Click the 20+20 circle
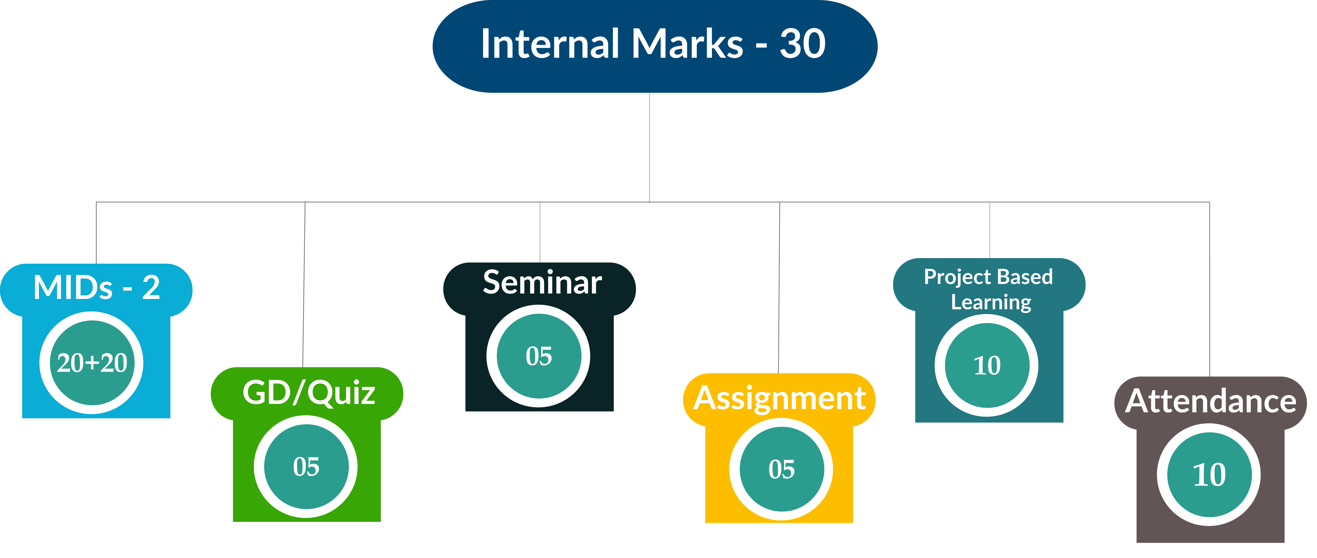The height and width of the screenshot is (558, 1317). [92, 363]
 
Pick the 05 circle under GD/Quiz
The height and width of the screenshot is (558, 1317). [306, 467]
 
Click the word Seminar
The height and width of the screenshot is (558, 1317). [542, 283]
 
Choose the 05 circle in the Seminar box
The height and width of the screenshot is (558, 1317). [538, 356]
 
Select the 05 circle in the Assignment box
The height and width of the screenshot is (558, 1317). [781, 469]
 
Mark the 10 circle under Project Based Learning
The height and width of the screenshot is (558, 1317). [987, 365]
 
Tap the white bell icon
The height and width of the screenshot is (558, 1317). [96, 496]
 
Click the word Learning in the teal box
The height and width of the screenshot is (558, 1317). [991, 302]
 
